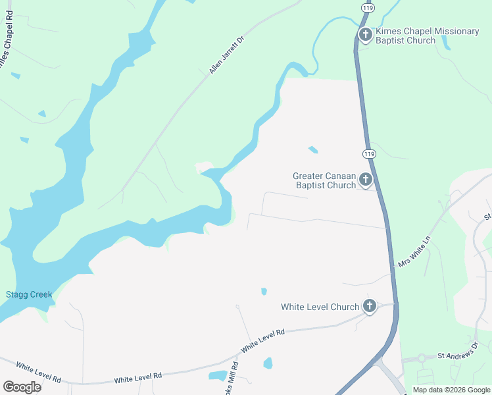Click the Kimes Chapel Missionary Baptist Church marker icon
pos(366,34)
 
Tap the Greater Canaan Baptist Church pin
pos(366,179)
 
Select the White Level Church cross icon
pos(370,305)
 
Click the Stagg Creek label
pos(28,294)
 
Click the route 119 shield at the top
pos(368,7)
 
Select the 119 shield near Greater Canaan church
pos(368,153)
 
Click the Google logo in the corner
pos(22,386)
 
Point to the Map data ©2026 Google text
pos(451,390)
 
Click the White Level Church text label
pos(320,307)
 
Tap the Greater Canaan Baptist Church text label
pos(324,180)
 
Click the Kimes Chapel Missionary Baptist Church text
pos(405,36)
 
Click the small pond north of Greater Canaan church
pos(313,150)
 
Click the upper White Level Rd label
pos(262,340)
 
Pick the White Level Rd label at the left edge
pos(39,373)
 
